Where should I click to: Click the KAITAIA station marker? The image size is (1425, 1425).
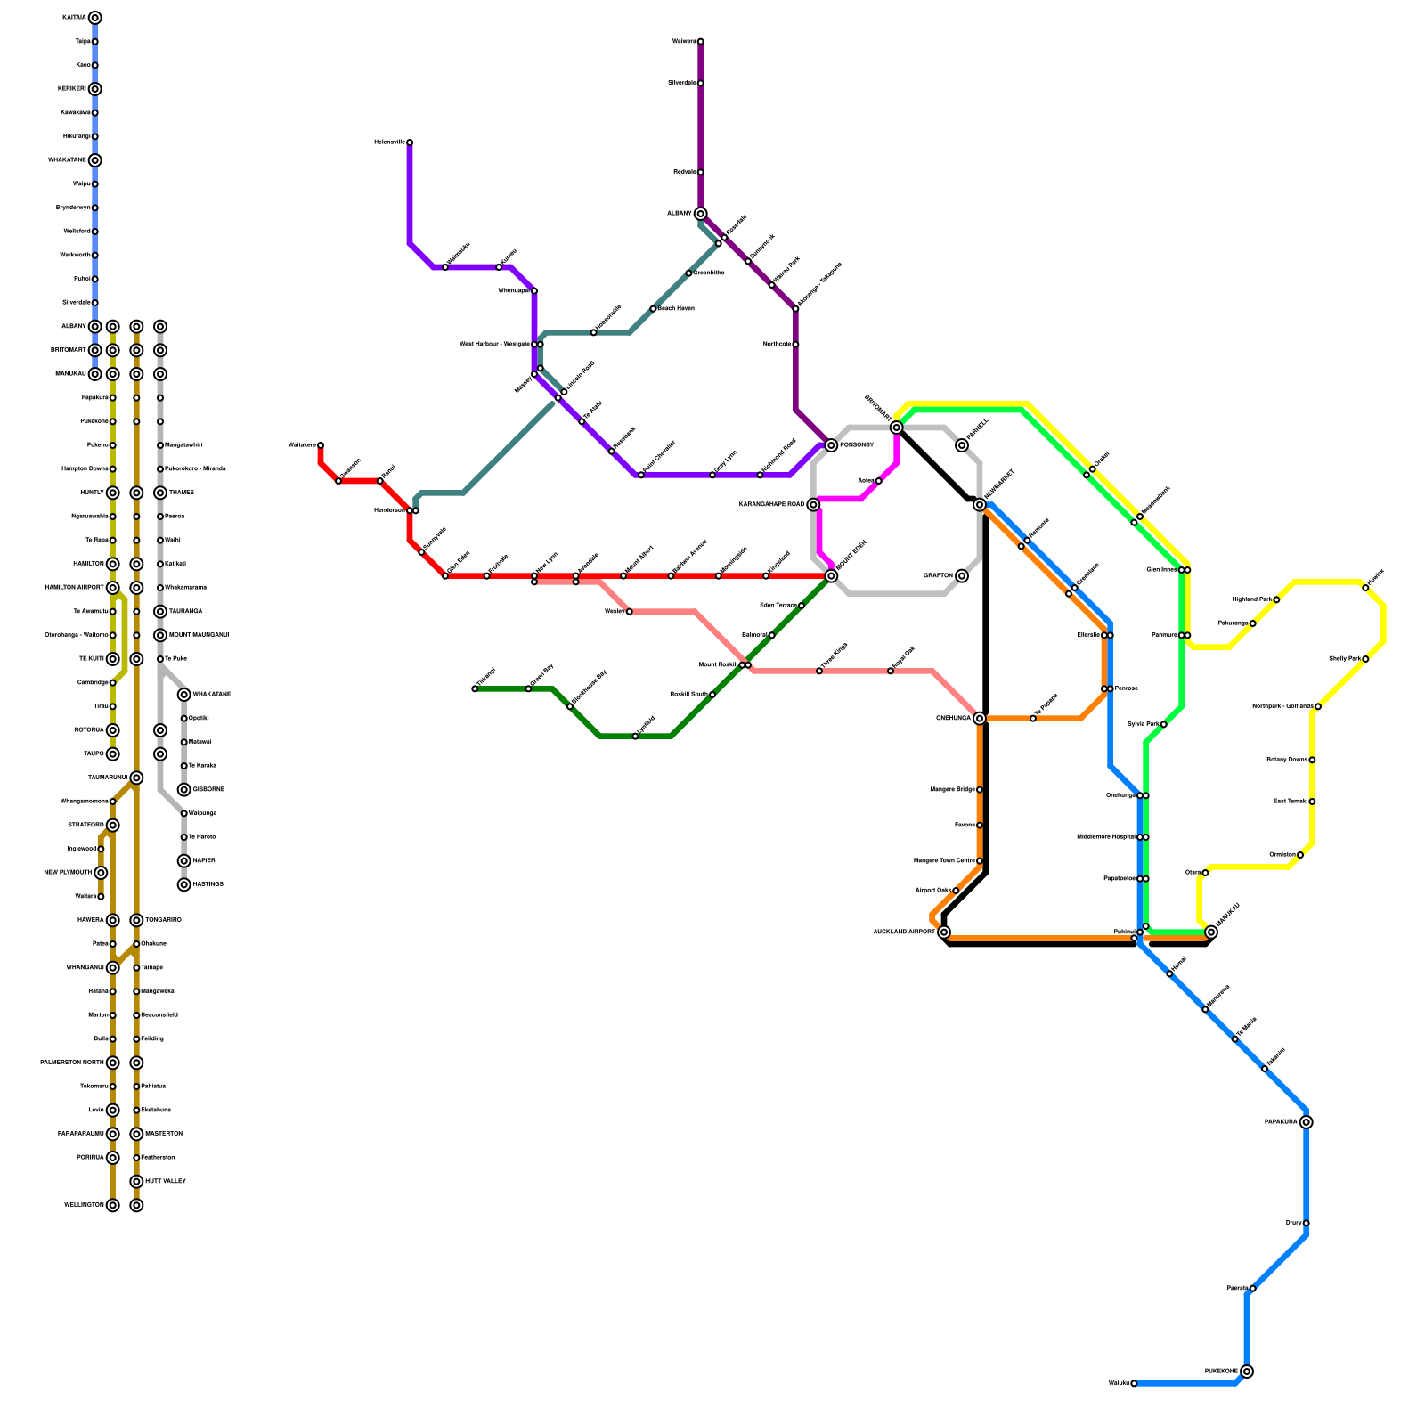(95, 18)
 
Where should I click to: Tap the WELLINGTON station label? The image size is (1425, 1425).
(84, 1206)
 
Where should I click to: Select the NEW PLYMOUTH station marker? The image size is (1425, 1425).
(101, 873)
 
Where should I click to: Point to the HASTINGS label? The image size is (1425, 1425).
(208, 884)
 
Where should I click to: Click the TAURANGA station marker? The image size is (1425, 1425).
(160, 612)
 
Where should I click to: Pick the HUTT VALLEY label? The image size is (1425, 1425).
(166, 1182)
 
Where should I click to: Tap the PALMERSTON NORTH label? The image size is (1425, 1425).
(72, 1063)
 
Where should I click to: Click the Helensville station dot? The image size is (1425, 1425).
(410, 142)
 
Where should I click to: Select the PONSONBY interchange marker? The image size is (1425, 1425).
(831, 445)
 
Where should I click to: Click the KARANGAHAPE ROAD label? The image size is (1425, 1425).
(771, 505)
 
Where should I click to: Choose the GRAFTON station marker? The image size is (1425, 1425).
(962, 576)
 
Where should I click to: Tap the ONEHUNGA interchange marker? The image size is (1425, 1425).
(980, 719)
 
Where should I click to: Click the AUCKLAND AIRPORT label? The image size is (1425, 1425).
(903, 932)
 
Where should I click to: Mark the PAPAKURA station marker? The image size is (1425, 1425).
(1306, 1122)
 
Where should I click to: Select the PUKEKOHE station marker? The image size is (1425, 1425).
(1247, 1372)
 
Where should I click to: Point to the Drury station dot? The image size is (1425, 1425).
(1306, 1224)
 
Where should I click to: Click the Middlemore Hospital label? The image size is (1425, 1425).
(1105, 837)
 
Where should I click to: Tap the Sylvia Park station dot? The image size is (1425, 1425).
(1163, 725)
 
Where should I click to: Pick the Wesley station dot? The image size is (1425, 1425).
(629, 612)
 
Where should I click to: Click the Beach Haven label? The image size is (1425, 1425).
(676, 309)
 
